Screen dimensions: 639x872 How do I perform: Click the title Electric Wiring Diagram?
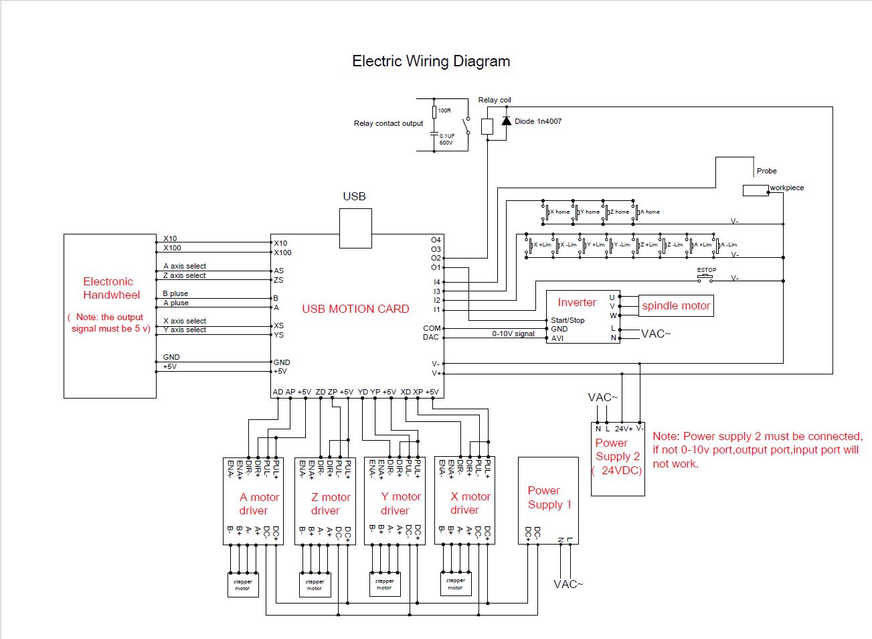(x=431, y=62)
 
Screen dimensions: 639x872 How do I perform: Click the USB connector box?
(x=355, y=228)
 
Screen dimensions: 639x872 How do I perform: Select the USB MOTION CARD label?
(x=355, y=309)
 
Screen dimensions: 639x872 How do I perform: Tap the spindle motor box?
(x=676, y=306)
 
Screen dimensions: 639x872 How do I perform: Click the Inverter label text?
(x=576, y=303)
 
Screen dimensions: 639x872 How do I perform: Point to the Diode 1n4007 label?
(x=538, y=122)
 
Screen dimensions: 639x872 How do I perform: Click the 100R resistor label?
(x=444, y=111)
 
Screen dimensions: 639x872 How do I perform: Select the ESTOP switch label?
(x=707, y=270)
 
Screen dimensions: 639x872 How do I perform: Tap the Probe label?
(x=766, y=171)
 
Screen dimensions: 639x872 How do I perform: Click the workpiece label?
(x=787, y=188)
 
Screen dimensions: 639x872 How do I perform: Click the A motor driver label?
(x=259, y=504)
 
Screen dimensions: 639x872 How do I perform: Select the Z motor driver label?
(x=330, y=504)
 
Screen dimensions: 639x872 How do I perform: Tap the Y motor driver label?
(x=400, y=504)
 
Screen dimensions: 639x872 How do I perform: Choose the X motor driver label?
(x=470, y=503)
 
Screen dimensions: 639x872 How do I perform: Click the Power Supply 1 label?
(x=549, y=498)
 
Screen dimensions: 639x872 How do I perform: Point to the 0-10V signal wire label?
(x=513, y=334)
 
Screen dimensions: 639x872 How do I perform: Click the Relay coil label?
(x=495, y=100)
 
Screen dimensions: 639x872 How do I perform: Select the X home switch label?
(x=559, y=212)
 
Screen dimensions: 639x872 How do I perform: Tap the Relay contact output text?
(x=388, y=123)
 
